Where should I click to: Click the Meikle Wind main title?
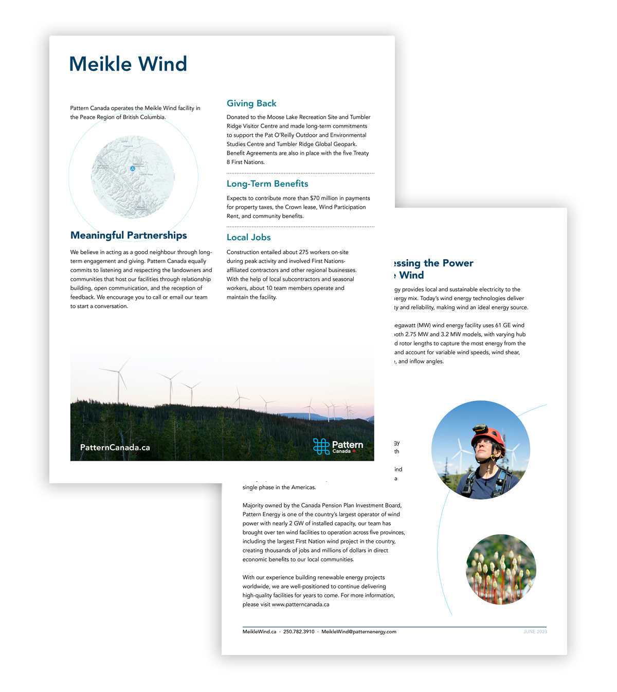[x=128, y=64]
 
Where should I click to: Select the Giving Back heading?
[x=251, y=103]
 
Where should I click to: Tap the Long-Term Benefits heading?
[x=267, y=184]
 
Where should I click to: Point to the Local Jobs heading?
[x=248, y=238]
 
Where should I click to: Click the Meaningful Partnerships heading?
[x=129, y=235]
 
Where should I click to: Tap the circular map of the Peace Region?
[x=133, y=177]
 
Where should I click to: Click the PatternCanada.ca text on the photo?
[x=115, y=447]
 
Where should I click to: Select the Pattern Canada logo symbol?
[x=321, y=446]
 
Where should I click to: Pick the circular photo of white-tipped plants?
[x=501, y=570]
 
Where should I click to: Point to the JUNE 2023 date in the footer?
[x=535, y=632]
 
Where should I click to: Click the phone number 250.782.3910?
[x=299, y=632]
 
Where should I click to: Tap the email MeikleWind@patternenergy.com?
[x=359, y=632]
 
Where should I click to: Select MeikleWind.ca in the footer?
[x=259, y=632]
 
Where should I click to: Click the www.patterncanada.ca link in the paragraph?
[x=300, y=605]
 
